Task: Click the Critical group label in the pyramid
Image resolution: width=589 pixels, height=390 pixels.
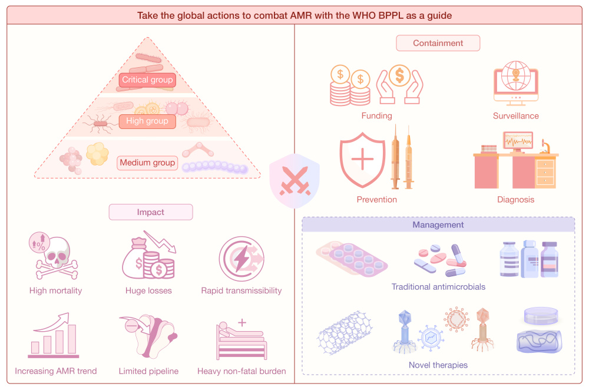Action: point(147,80)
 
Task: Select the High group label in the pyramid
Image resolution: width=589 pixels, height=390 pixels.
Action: point(147,121)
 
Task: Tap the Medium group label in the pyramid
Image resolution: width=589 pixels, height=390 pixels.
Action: point(147,163)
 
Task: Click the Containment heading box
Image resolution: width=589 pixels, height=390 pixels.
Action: point(438,43)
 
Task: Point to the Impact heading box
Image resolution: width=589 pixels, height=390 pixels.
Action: point(151,212)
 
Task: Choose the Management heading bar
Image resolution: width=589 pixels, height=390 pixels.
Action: point(438,225)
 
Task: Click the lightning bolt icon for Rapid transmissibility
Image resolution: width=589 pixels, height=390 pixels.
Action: point(241,260)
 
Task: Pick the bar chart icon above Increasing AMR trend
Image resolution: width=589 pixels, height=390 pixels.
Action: point(54,338)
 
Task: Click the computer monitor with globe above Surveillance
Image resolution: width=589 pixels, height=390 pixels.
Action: point(515,82)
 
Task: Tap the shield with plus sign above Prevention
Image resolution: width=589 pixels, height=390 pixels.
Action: point(363,159)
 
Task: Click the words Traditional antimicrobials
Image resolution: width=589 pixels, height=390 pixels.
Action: point(438,287)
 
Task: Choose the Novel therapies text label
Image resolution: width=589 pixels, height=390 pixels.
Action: point(438,365)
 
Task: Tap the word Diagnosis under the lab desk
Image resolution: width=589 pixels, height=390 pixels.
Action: point(515,199)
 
